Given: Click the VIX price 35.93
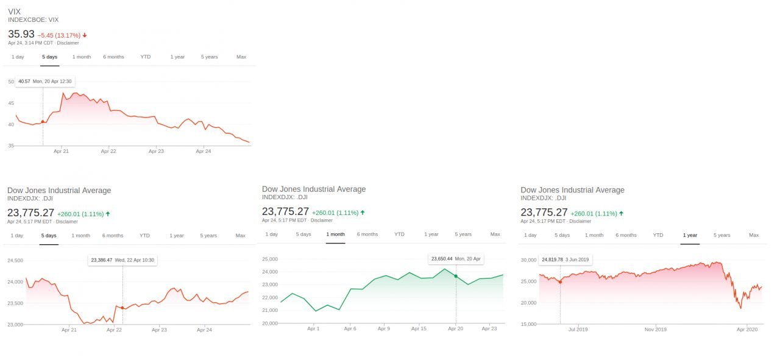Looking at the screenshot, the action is (21, 34).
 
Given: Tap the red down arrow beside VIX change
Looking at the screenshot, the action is (85, 35).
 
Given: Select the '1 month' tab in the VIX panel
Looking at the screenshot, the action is (82, 57).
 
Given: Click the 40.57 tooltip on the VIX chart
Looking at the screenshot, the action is (45, 82).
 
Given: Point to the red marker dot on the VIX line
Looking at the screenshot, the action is (43, 122).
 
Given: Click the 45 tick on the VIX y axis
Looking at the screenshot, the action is (11, 103).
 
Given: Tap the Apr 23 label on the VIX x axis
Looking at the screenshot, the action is (156, 151).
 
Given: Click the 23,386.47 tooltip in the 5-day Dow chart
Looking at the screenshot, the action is (122, 260).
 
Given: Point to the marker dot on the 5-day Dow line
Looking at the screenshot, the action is (122, 308).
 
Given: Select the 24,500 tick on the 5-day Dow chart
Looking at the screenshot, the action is (15, 261).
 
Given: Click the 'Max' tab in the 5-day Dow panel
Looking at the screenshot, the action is (240, 235).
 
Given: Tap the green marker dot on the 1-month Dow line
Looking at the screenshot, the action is (456, 276).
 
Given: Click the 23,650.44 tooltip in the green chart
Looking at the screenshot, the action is (456, 259).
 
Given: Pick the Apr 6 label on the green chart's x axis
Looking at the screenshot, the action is (350, 328).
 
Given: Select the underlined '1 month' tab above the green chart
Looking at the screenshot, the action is (335, 235).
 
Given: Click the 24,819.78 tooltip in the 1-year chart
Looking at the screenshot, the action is (565, 259).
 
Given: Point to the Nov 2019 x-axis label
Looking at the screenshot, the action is (655, 330).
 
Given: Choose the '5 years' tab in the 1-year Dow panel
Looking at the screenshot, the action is (722, 235).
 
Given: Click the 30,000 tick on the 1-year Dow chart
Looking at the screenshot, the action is (528, 260).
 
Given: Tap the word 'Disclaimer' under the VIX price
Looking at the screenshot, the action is (68, 43).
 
